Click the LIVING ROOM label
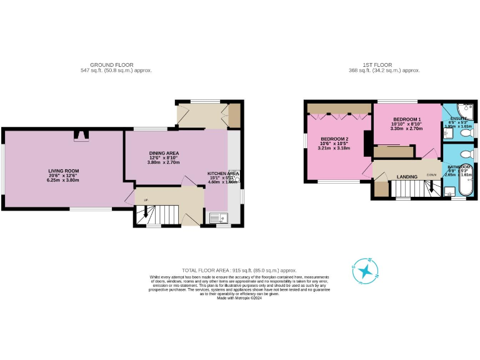[x=64, y=171]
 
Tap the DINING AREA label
[x=164, y=153]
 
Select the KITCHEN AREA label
[x=223, y=174]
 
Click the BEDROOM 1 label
[x=407, y=119]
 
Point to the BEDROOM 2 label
[x=334, y=139]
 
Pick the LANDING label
[x=407, y=177]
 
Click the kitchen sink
[x=220, y=217]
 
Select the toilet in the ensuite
[x=465, y=132]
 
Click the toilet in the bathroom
[x=465, y=152]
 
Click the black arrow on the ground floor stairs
[x=146, y=215]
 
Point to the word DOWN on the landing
[x=431, y=174]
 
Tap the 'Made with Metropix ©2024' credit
[x=240, y=298]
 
